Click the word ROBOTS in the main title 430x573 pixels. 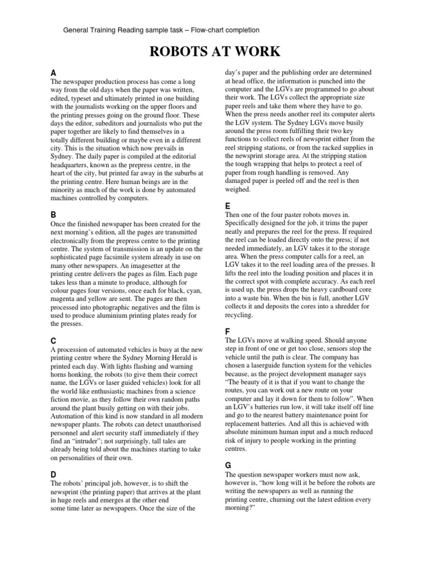point(177,53)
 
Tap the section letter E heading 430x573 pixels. point(227,205)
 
